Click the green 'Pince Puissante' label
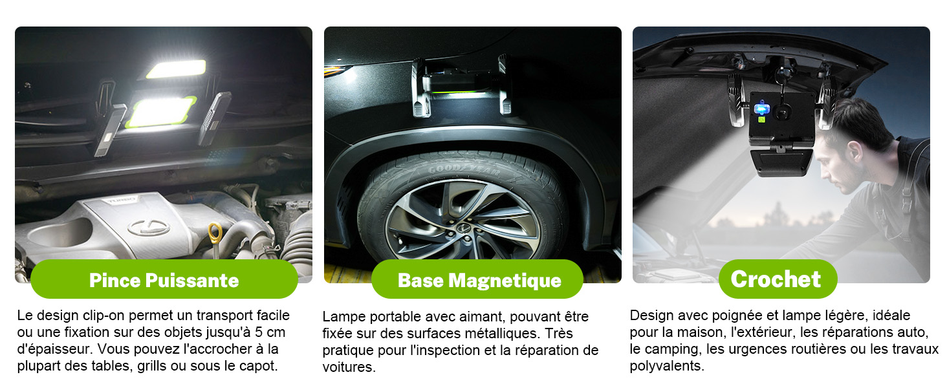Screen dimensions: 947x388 (164, 279)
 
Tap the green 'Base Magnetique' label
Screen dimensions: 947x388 (477, 279)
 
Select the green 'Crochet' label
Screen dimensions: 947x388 (778, 279)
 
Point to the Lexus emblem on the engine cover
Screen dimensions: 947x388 (149, 227)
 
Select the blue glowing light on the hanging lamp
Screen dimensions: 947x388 (761, 109)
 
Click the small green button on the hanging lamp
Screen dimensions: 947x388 (761, 120)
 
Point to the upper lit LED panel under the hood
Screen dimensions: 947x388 (177, 69)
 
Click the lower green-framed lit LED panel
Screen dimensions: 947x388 (161, 111)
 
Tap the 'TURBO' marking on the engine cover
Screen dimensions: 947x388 (121, 199)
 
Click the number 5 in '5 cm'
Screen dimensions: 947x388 (259, 332)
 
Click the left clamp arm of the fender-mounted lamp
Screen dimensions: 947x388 (420, 87)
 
